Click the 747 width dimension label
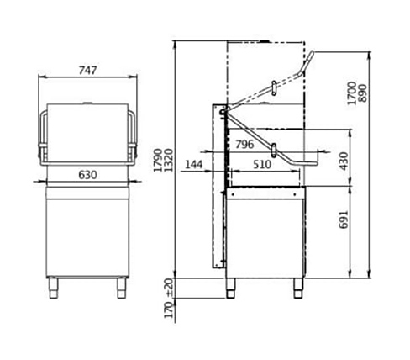click(87, 71)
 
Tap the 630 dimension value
click(87, 175)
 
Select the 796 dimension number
click(244, 145)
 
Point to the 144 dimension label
click(194, 164)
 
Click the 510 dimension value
click(262, 165)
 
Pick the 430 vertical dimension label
click(344, 161)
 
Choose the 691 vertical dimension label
click(344, 220)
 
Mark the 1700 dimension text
click(351, 93)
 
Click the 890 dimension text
click(362, 93)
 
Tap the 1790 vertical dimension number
click(158, 161)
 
